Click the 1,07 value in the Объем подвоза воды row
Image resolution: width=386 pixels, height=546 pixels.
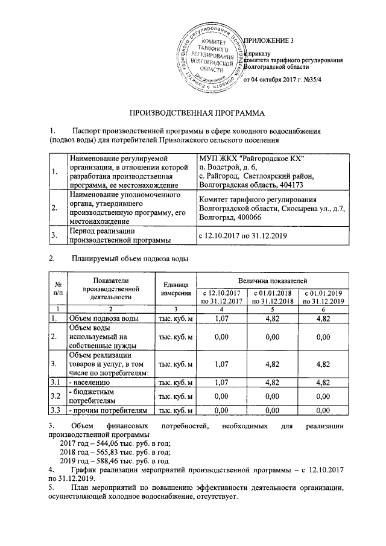222,317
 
